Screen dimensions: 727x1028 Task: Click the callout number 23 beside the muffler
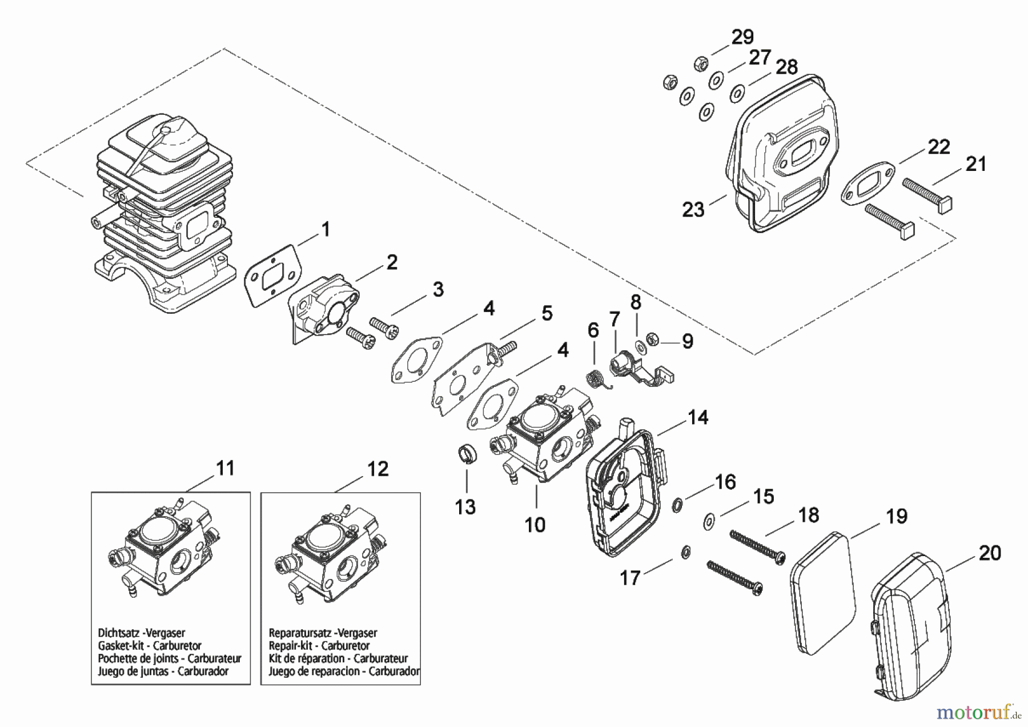(x=693, y=210)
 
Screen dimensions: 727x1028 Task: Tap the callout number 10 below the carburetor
(x=535, y=524)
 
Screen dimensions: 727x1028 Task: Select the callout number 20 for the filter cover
(x=990, y=553)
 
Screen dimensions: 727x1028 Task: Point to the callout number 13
(x=465, y=506)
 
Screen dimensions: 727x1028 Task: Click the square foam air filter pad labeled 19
(x=824, y=593)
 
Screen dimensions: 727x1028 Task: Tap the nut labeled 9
(x=653, y=339)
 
